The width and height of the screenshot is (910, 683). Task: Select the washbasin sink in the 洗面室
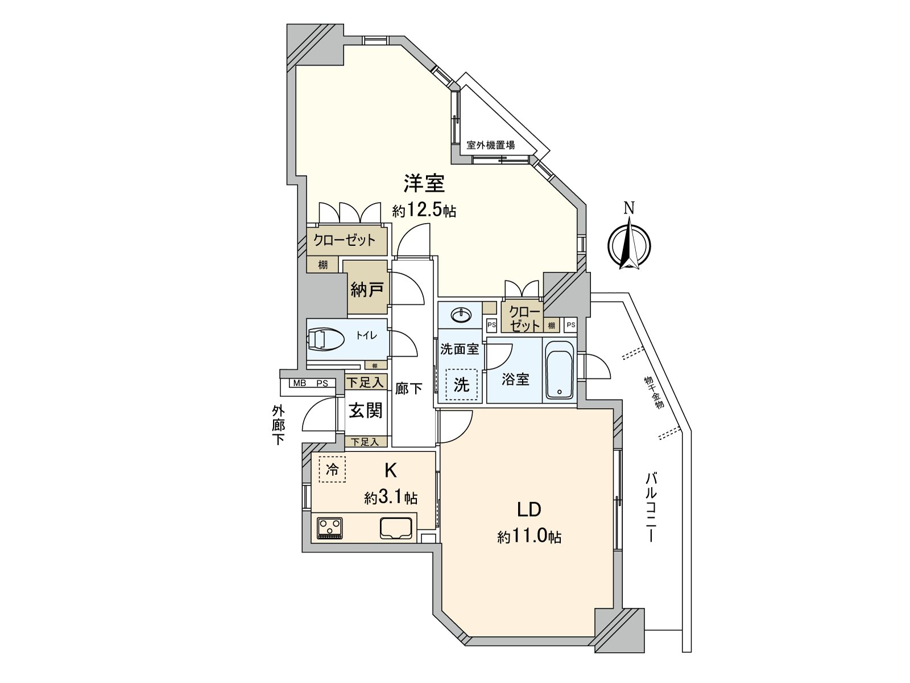coord(461,316)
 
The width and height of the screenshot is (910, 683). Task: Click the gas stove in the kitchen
coord(330,528)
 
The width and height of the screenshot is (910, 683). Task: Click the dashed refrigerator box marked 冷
coord(332,470)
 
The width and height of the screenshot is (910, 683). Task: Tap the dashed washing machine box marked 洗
coord(461,384)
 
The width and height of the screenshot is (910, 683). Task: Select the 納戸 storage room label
coord(366,290)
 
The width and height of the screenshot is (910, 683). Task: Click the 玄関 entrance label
coord(365,410)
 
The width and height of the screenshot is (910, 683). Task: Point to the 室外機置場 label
coord(490,145)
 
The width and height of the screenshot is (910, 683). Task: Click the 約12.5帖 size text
coord(424,212)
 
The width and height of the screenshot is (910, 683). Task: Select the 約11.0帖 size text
coord(530,537)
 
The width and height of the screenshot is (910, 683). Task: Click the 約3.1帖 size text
coord(391,497)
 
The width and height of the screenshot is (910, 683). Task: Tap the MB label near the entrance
coord(300,383)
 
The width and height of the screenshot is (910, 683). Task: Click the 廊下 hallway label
coord(408,389)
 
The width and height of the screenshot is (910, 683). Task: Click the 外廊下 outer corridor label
coord(278,425)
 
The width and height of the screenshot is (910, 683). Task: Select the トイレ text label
coord(367,335)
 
